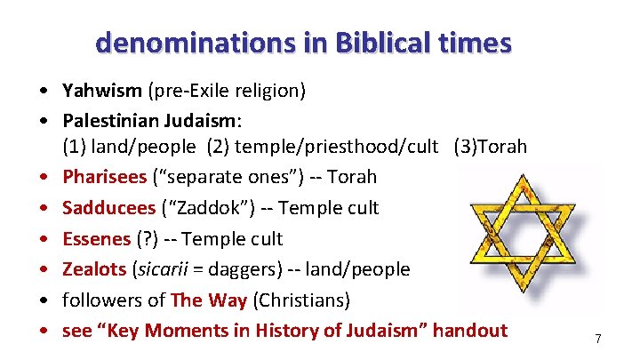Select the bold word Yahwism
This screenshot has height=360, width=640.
97,90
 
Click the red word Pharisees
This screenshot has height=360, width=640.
104,177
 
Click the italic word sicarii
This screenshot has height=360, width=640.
163,269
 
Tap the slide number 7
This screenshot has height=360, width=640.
598,339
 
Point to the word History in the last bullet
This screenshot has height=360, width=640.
286,331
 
